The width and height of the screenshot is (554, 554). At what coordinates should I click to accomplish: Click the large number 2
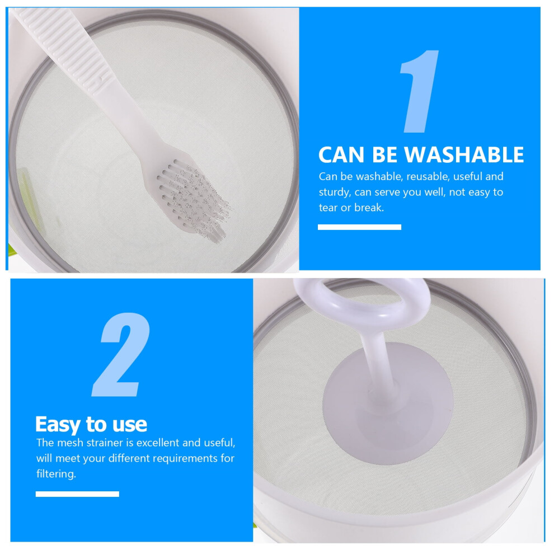click(x=121, y=354)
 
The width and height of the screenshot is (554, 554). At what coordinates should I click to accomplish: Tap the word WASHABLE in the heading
click(x=463, y=154)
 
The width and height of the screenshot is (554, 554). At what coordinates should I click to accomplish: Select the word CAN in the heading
click(x=341, y=155)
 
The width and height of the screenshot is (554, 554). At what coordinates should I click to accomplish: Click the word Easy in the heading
click(x=58, y=425)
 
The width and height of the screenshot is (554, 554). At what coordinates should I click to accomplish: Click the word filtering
click(x=56, y=474)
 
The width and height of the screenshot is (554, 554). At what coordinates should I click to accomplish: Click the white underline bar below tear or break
click(x=359, y=227)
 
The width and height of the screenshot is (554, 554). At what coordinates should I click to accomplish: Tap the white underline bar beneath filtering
click(x=77, y=494)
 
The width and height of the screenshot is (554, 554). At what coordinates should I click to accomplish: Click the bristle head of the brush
click(x=193, y=200)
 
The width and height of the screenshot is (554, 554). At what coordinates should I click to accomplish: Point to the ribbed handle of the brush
click(x=64, y=45)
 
